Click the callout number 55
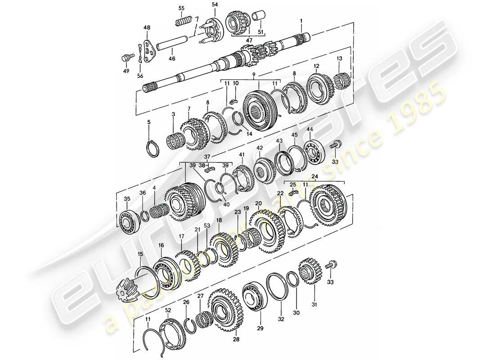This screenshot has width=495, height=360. [182, 8]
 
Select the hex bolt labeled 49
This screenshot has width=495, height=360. [126, 58]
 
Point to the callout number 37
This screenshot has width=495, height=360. [207, 156]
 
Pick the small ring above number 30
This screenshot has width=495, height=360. [292, 279]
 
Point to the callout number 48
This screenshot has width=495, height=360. [147, 28]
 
